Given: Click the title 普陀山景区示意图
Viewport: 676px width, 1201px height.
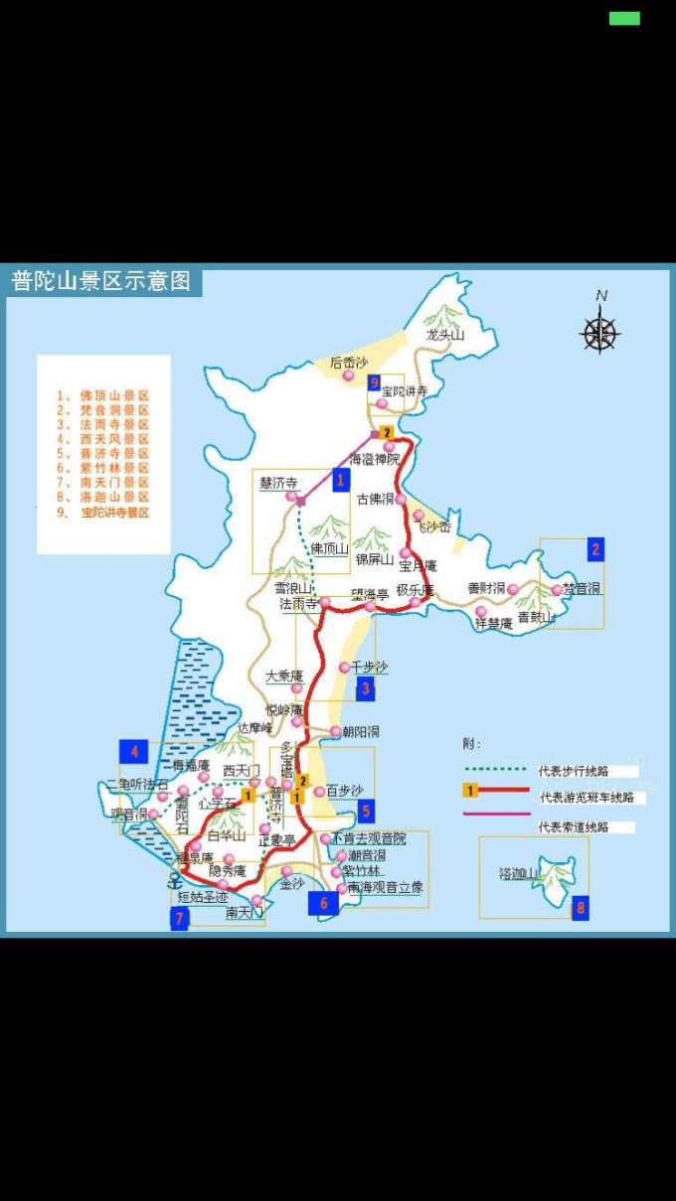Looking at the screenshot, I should [100, 281].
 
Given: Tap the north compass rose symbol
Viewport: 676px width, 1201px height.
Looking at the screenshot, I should [599, 332].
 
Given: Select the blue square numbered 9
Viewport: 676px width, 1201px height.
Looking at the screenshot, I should [374, 382].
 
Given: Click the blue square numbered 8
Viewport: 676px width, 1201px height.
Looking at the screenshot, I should [581, 907].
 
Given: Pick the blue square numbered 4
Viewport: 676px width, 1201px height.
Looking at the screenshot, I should [133, 751].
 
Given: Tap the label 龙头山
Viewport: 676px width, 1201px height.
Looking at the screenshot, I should [444, 336].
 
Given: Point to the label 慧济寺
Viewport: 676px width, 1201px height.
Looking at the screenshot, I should [278, 483].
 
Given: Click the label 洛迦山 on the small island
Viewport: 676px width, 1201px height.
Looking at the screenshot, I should [519, 874].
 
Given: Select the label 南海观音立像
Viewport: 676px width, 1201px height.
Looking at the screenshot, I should [386, 887].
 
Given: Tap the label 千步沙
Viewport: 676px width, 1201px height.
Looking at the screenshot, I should [369, 667].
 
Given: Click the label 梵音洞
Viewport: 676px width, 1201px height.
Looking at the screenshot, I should [582, 588].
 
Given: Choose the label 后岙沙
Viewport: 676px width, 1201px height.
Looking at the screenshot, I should [349, 363].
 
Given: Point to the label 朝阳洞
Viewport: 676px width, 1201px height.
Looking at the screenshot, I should [360, 731].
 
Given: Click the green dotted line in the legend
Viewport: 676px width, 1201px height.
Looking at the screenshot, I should [495, 768].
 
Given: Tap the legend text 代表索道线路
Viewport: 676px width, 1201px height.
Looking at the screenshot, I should [572, 826].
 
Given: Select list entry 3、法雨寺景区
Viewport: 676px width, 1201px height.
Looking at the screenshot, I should [103, 424].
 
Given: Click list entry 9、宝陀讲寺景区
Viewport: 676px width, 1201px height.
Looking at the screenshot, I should [103, 513].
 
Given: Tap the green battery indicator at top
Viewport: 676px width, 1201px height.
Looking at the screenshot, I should [624, 18].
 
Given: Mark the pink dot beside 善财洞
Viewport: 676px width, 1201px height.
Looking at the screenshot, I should [513, 589].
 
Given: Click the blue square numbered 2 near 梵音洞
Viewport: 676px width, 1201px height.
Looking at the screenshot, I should [595, 549].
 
